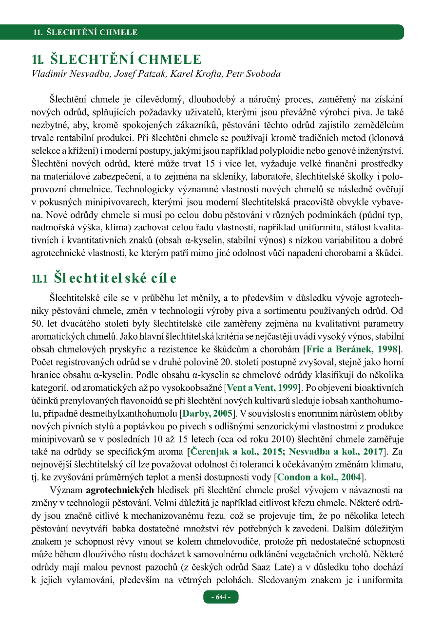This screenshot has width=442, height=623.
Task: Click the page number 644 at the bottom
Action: pyautogui.click(x=221, y=597)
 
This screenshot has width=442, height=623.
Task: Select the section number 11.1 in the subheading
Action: pyautogui.click(x=39, y=278)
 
